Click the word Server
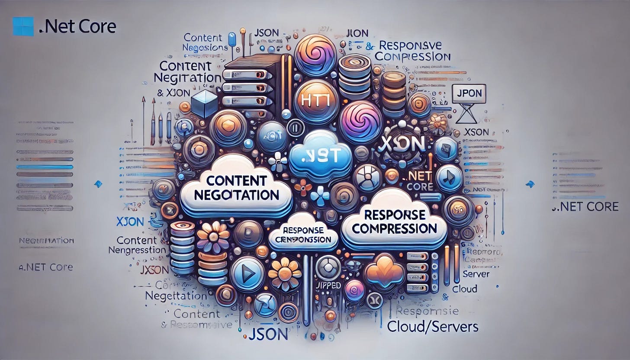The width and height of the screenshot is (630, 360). [x=476, y=274]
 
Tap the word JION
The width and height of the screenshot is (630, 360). [x=357, y=32]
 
